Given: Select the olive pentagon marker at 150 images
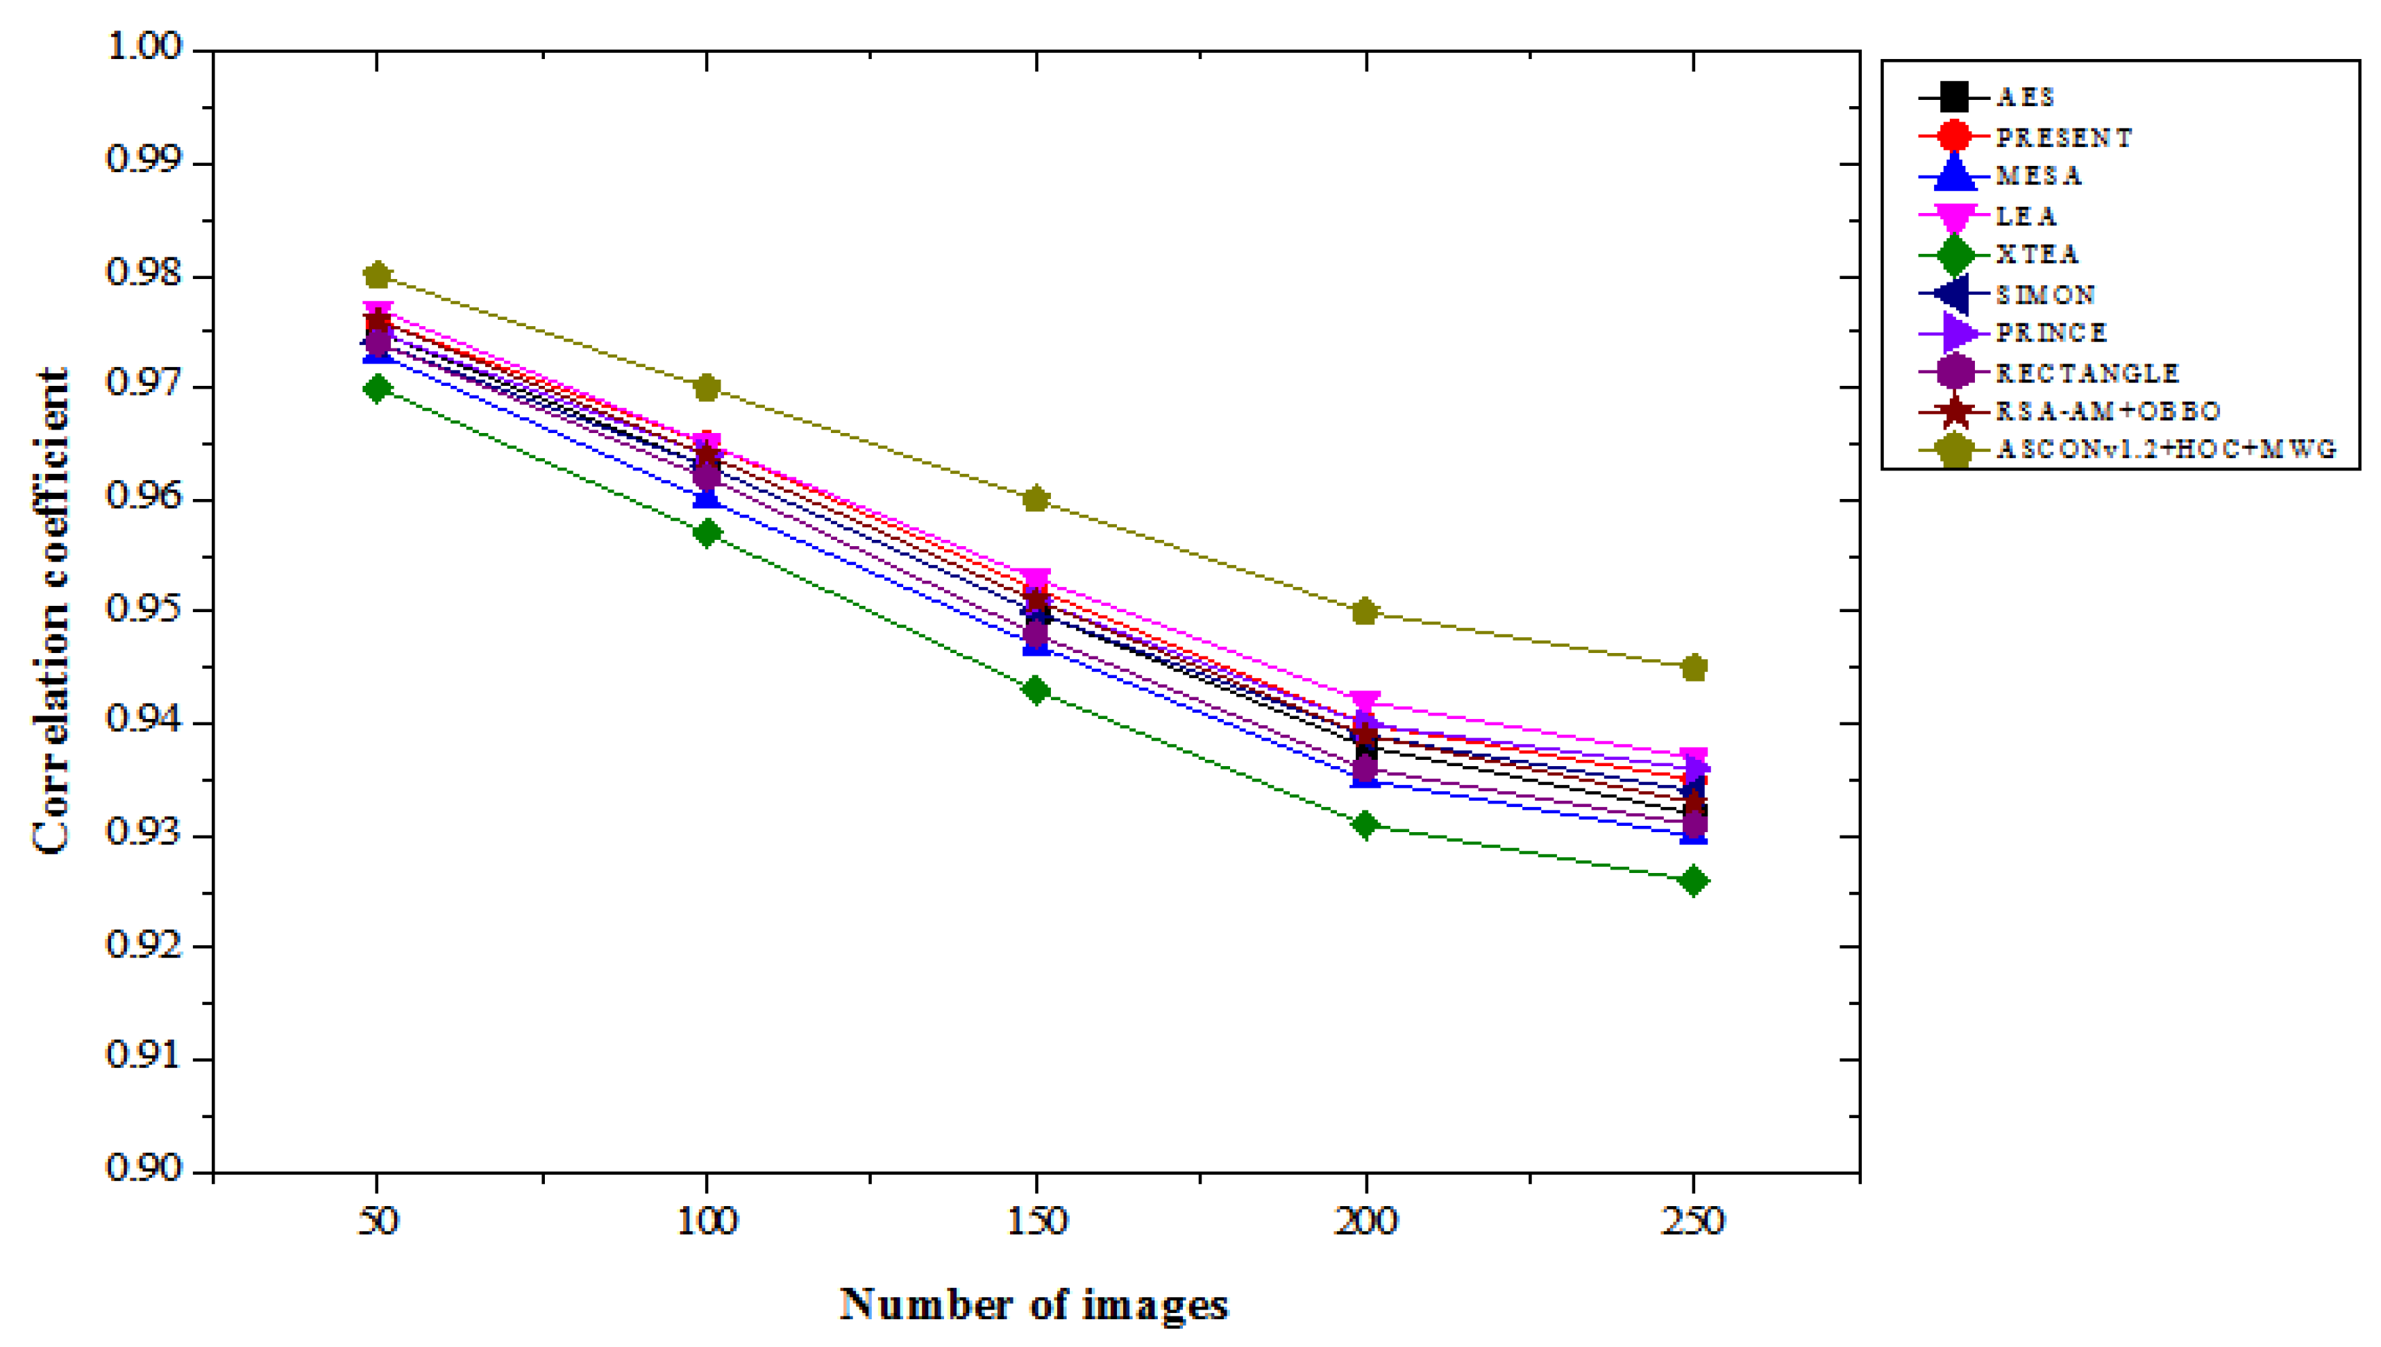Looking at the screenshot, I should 1036,500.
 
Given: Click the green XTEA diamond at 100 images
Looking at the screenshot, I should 707,533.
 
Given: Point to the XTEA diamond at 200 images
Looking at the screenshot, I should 1365,824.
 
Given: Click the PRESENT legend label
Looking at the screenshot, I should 2064,137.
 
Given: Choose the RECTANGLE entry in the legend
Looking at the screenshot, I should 2087,373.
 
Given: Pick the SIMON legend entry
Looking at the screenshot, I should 2045,294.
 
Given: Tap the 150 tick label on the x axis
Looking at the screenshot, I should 1036,1221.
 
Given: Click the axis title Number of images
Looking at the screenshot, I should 1034,1305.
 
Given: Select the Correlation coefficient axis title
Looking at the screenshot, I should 51,611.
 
